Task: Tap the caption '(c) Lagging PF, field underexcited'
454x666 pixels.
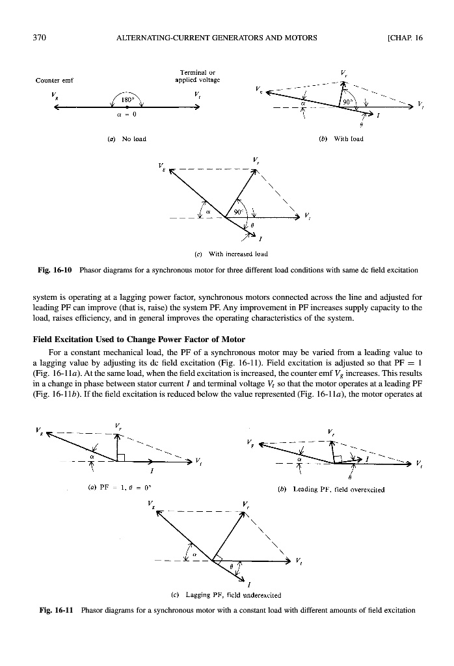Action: [x=228, y=594]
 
